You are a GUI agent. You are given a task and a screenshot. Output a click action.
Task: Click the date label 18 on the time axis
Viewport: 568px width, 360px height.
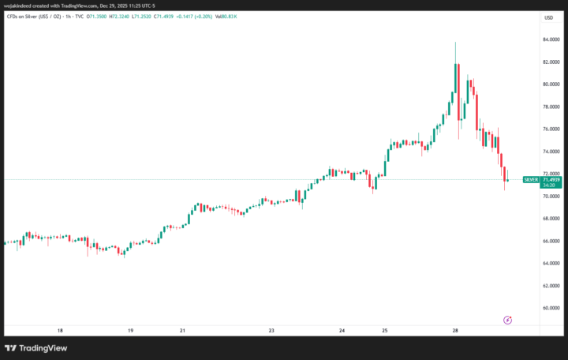[x=60, y=331]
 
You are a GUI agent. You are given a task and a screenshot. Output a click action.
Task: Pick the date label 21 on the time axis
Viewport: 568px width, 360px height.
[x=182, y=331]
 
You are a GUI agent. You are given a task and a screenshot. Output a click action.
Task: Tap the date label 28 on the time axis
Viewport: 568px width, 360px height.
[x=456, y=331]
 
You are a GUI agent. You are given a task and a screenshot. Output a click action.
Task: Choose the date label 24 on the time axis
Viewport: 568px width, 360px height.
[x=342, y=331]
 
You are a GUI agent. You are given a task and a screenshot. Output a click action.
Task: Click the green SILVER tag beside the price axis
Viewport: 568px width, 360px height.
[x=531, y=180]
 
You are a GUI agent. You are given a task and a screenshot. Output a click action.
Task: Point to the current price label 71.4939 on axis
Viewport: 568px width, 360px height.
[x=551, y=180]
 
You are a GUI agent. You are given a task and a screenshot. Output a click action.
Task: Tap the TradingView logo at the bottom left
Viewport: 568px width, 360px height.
[x=36, y=348]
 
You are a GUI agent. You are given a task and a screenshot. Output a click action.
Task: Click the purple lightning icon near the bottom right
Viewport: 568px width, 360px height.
[x=507, y=320]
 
